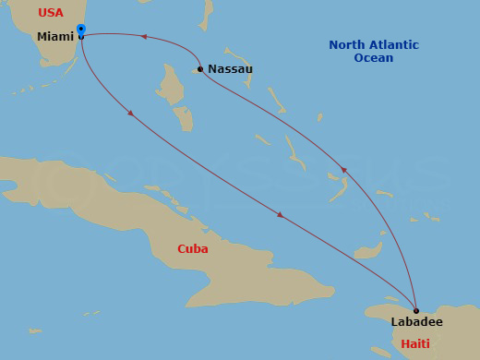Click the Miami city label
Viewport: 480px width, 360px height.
point(54,36)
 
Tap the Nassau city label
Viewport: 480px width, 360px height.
point(230,69)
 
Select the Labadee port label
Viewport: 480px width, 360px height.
point(416,322)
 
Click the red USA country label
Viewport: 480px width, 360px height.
point(50,13)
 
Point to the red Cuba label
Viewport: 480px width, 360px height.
point(193,248)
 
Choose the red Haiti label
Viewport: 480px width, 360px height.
point(414,343)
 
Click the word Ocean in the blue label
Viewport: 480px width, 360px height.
point(373,58)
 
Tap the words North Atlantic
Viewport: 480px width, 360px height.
point(373,45)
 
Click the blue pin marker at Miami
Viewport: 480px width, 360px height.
point(81,30)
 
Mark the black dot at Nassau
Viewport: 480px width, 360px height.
point(200,69)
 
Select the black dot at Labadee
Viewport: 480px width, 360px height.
point(416,310)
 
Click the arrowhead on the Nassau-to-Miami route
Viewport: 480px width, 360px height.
point(143,37)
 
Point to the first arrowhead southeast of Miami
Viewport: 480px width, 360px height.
point(131,114)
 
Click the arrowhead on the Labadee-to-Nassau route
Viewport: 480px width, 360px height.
point(343,170)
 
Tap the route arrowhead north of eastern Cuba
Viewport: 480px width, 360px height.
point(280,215)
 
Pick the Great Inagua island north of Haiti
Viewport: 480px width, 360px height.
point(369,250)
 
